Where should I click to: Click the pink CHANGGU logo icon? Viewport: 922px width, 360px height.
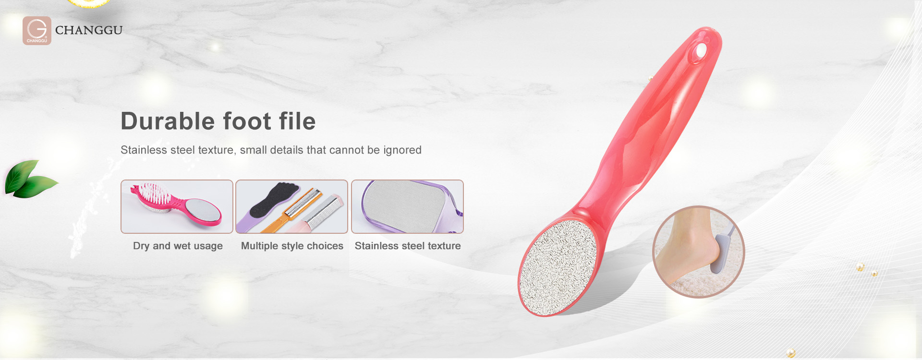pyautogui.click(x=37, y=31)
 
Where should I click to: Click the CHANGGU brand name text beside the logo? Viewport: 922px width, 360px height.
pyautogui.click(x=89, y=30)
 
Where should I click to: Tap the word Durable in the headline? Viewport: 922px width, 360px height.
pyautogui.click(x=168, y=121)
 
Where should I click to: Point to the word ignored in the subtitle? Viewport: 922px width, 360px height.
pyautogui.click(x=402, y=150)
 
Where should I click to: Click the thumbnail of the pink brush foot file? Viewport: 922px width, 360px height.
pyautogui.click(x=177, y=206)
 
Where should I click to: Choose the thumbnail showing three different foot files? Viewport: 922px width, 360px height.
pyautogui.click(x=291, y=206)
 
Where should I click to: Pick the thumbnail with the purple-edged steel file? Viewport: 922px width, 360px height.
pyautogui.click(x=407, y=206)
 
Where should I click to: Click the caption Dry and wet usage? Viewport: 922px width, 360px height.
pyautogui.click(x=178, y=246)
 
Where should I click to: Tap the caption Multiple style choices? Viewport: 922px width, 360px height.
pyautogui.click(x=292, y=246)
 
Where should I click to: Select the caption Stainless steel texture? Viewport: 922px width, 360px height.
pyautogui.click(x=408, y=246)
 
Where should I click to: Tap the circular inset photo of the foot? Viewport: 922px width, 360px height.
pyautogui.click(x=698, y=252)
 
